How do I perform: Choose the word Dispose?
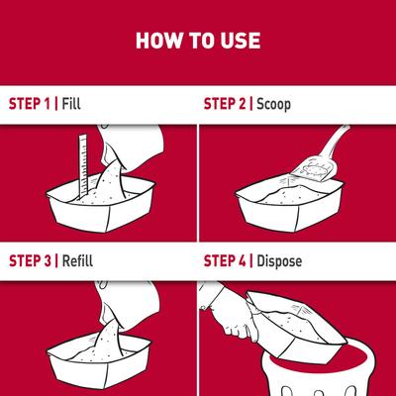click(285, 262)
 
